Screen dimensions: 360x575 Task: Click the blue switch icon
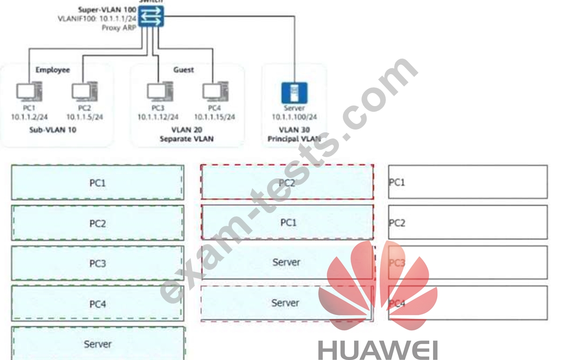[151, 16]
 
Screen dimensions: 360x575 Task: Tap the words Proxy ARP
[120, 28]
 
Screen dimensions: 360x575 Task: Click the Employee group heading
[53, 70]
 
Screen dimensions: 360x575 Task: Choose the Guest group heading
[184, 70]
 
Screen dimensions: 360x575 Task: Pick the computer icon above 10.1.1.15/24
[215, 92]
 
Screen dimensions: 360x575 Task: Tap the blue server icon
[294, 92]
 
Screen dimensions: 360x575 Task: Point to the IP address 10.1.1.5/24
[84, 117]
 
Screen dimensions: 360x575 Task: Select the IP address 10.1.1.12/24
[158, 117]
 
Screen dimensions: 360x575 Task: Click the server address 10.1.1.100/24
[294, 117]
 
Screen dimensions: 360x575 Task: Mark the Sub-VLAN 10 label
[53, 130]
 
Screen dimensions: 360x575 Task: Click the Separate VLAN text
[186, 139]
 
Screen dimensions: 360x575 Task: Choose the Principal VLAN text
[294, 139]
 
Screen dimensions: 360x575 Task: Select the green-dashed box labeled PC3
[97, 263]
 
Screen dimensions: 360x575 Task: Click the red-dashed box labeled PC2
[287, 182]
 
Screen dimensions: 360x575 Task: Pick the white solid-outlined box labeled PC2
[468, 222]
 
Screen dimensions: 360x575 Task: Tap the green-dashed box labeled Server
[98, 344]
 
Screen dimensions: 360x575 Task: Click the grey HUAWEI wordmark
[378, 350]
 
